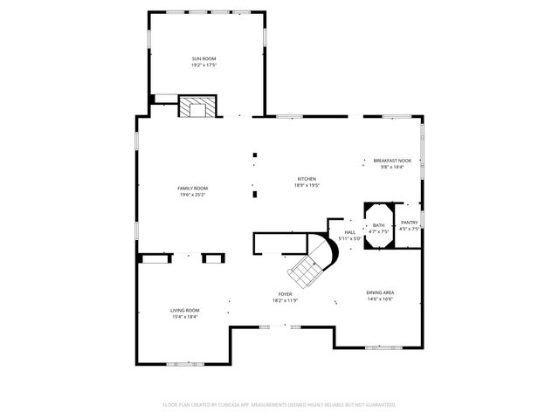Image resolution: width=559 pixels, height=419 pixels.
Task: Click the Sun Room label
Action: click(204, 58)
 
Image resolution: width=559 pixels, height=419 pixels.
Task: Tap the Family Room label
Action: click(193, 189)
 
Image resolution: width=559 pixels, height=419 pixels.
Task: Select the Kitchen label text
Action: click(306, 179)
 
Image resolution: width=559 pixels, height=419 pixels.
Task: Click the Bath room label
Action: click(378, 225)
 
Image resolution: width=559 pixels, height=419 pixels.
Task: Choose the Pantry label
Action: click(409, 223)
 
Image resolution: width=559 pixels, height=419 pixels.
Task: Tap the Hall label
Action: click(349, 231)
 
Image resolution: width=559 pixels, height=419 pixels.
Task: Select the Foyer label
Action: click(285, 294)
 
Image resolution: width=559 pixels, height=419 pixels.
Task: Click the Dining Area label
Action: click(380, 292)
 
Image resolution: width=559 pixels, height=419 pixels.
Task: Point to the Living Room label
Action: click(184, 310)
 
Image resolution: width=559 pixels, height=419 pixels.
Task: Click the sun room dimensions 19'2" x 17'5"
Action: click(204, 65)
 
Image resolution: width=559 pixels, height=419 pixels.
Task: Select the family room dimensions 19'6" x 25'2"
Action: click(193, 195)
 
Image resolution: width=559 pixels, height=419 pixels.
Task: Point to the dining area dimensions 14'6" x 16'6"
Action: click(380, 299)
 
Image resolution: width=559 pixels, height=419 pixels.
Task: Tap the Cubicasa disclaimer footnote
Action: click(279, 404)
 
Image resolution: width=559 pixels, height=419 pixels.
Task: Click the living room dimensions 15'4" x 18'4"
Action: click(184, 316)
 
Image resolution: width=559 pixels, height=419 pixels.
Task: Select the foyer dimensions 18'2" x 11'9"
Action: click(285, 300)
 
